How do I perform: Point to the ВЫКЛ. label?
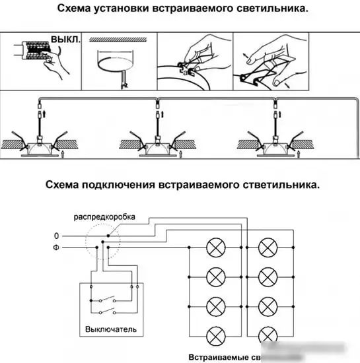point(66,40)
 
